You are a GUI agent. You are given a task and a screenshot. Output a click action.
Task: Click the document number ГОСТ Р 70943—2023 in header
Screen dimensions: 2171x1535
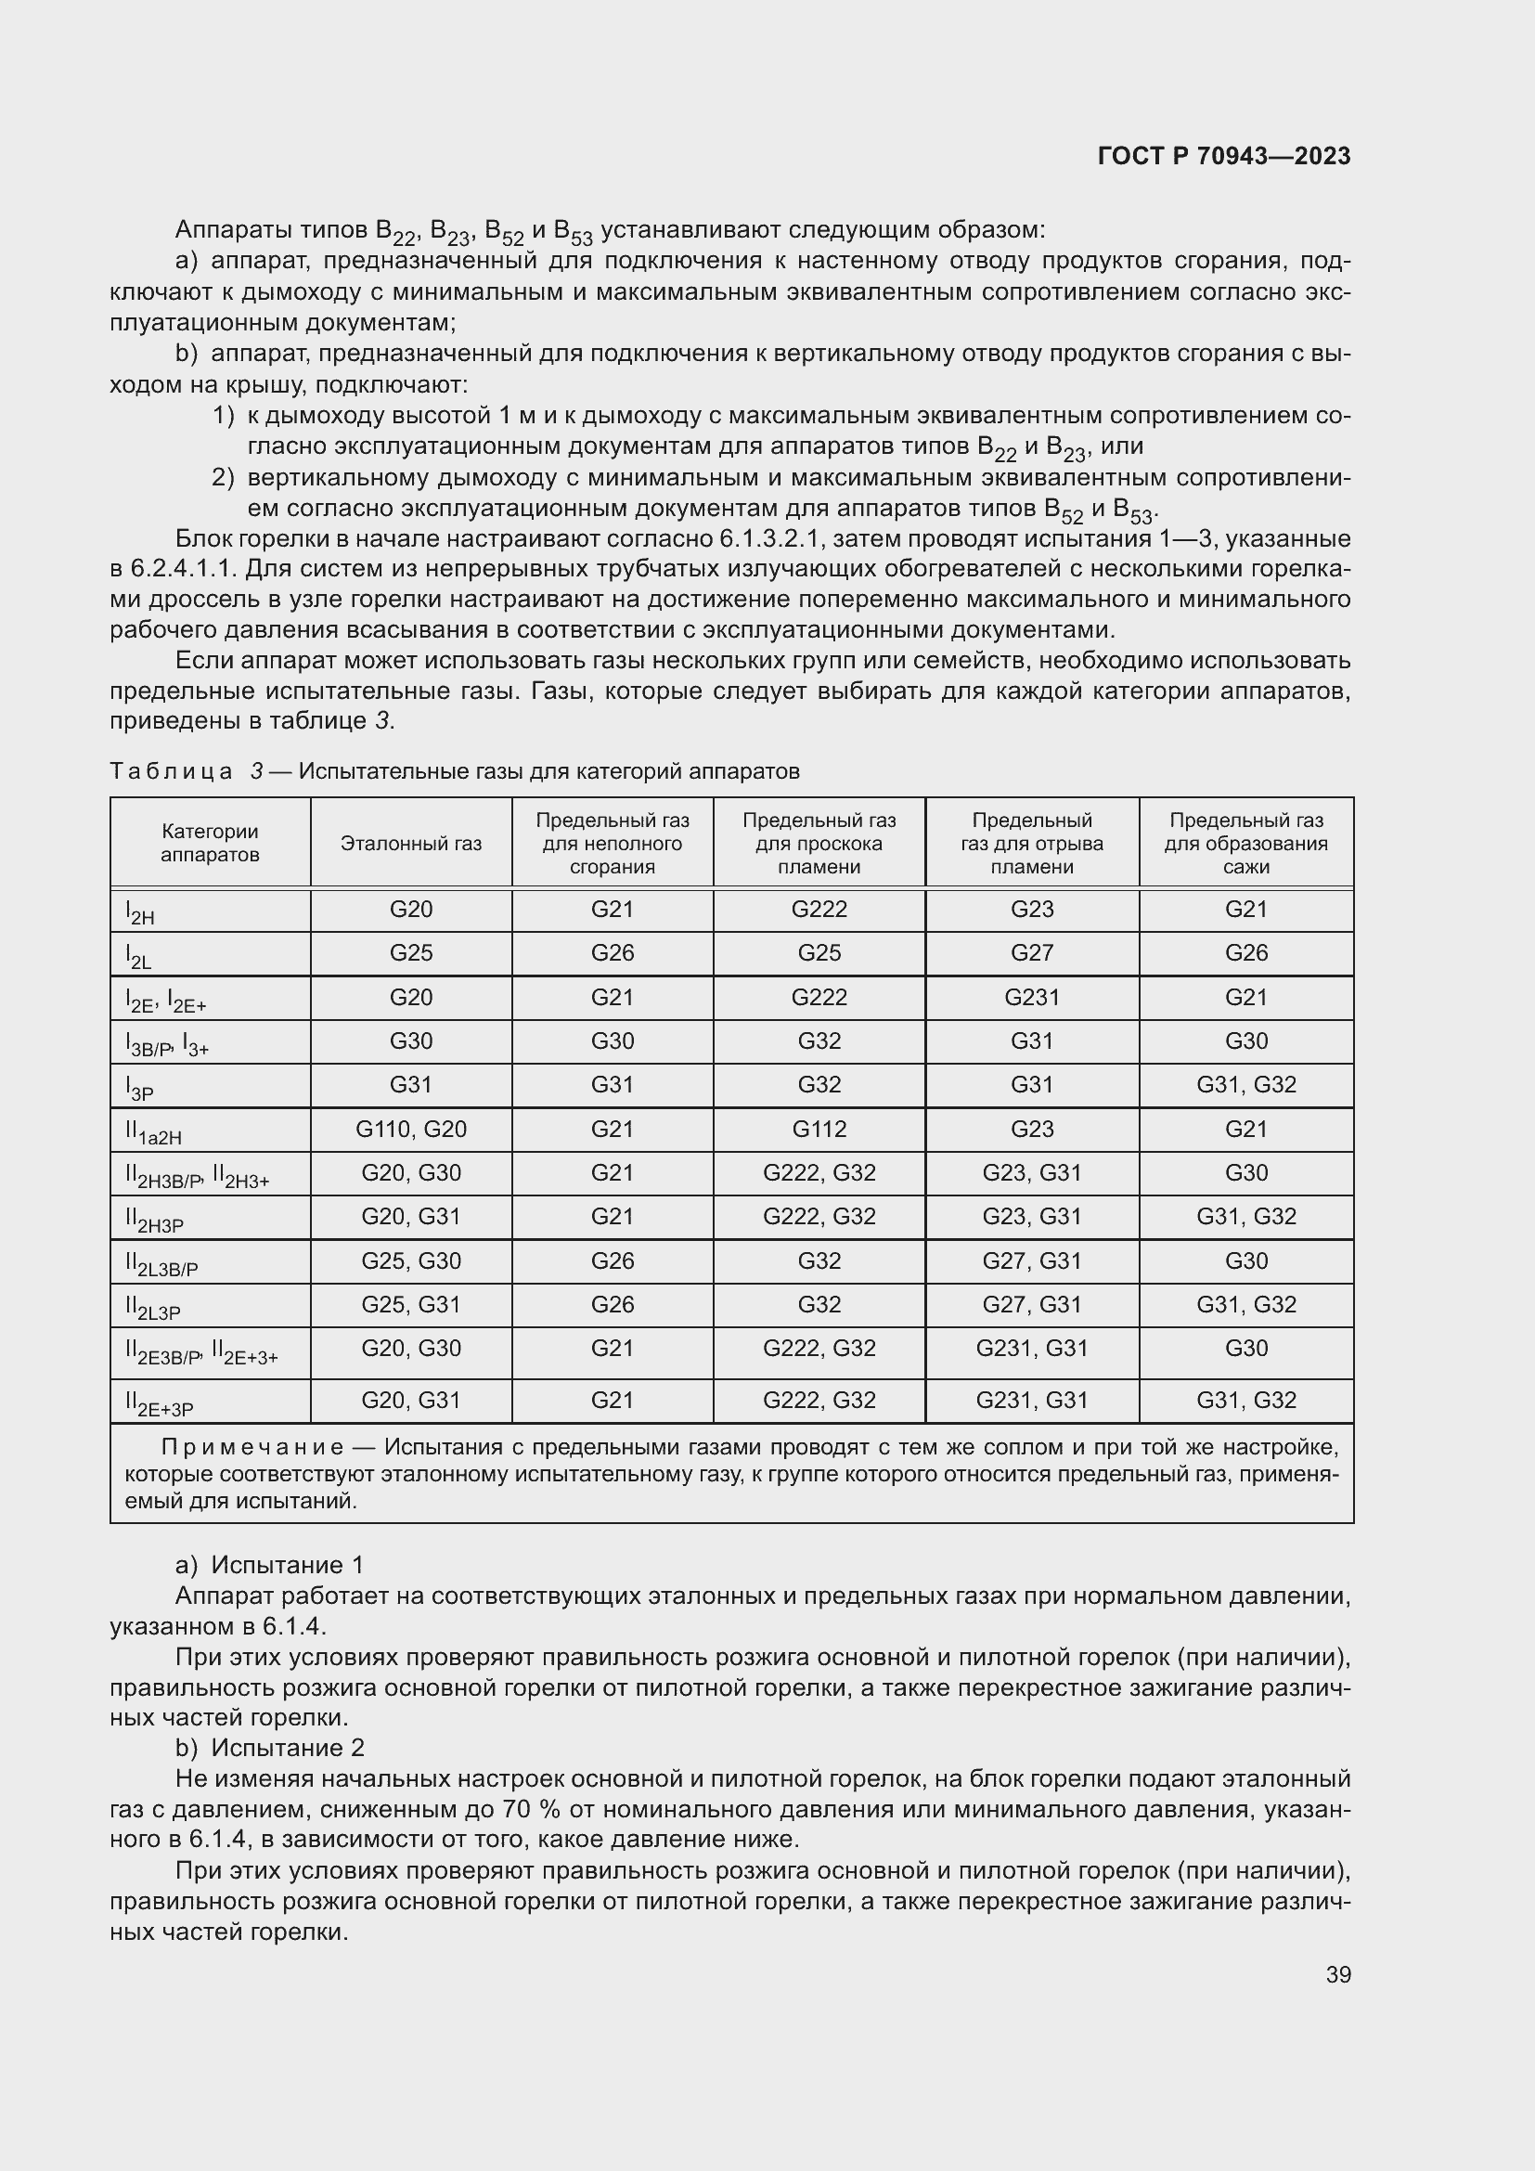click(1223, 156)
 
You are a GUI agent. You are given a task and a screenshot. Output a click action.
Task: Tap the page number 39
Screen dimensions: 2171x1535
click(1337, 1974)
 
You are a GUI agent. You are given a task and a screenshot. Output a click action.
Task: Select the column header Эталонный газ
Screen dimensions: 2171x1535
click(411, 844)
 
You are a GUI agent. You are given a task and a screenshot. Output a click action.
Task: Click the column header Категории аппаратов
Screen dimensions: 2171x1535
click(210, 844)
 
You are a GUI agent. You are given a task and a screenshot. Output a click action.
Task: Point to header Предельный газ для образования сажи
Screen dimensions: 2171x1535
click(1245, 844)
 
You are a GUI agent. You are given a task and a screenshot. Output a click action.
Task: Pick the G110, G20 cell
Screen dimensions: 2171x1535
click(411, 1129)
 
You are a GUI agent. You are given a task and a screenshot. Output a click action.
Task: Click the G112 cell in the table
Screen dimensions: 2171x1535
click(819, 1129)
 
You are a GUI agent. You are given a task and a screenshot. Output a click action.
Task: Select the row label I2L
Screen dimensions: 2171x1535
click(139, 956)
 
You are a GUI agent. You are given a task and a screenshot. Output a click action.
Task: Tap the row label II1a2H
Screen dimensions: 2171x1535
click(153, 1131)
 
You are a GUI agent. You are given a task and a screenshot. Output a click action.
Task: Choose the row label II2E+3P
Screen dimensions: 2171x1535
click(159, 1404)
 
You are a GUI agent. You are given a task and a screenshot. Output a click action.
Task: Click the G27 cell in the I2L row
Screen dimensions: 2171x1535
click(1031, 953)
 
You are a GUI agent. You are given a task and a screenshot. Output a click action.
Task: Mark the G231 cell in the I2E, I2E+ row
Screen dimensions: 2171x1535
click(1031, 998)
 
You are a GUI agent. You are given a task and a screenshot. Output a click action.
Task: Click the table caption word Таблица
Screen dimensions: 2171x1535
click(171, 771)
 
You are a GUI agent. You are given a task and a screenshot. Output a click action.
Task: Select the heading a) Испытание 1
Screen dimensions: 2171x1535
click(269, 1565)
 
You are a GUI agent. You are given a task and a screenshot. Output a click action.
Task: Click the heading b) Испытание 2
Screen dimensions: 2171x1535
click(269, 1748)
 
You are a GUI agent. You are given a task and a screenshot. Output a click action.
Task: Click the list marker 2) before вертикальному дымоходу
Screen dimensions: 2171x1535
click(223, 477)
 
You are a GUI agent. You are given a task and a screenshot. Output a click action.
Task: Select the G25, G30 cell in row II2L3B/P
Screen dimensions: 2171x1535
click(411, 1260)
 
